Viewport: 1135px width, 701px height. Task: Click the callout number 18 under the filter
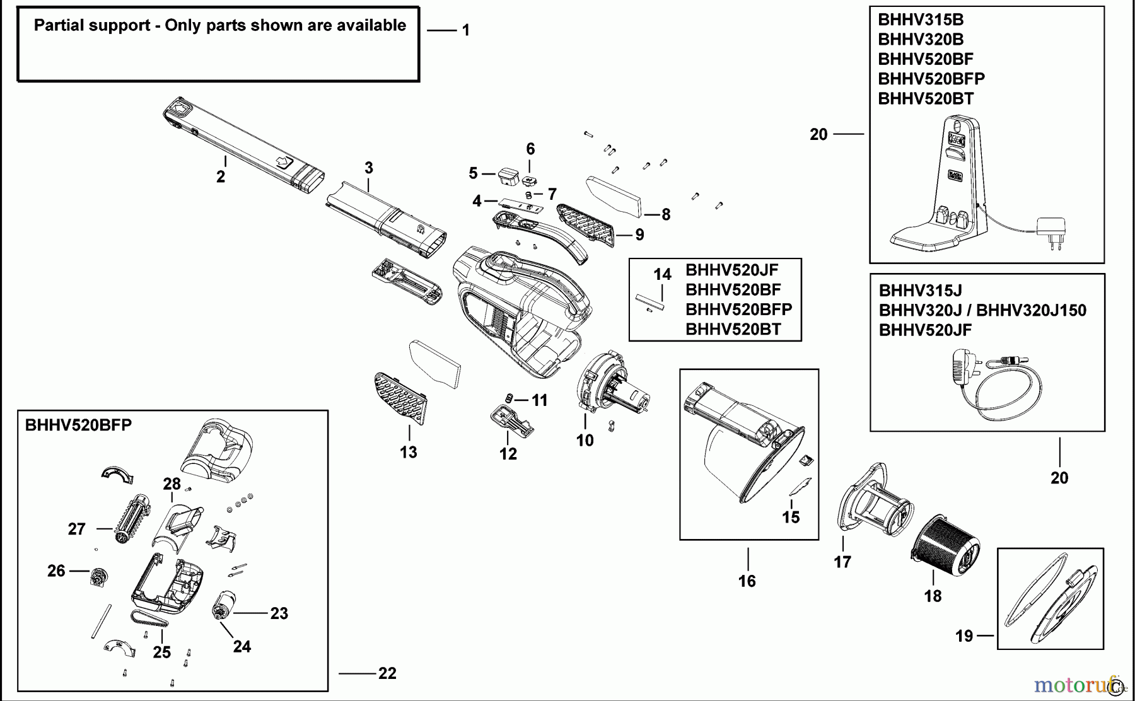[x=933, y=596]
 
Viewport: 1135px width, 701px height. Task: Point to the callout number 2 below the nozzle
[x=221, y=177]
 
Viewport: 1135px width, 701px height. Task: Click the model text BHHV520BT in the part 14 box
[x=733, y=329]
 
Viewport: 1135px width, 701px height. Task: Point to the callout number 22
[x=387, y=673]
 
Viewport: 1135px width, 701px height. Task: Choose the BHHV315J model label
[x=920, y=290]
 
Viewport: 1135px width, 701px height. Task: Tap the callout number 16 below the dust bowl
[x=747, y=581]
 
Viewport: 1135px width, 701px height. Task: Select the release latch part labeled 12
[x=510, y=420]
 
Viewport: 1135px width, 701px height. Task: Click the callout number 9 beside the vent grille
[x=639, y=235]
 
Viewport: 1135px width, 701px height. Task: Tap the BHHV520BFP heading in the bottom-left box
[x=78, y=425]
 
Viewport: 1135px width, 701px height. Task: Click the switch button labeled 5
[x=507, y=175]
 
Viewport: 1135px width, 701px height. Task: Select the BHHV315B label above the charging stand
[x=921, y=20]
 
